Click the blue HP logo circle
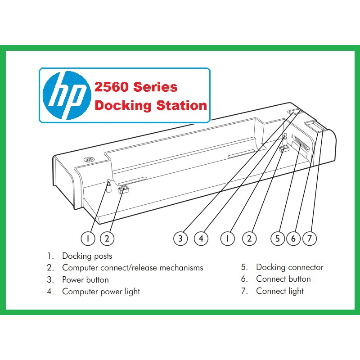point(64,95)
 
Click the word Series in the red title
point(155,87)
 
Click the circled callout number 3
point(180,238)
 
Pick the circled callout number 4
point(201,238)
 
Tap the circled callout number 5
point(278,238)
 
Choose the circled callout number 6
point(293,238)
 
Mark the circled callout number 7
point(309,238)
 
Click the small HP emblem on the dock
point(89,159)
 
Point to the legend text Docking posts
point(87,256)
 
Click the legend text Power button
point(85,279)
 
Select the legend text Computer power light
point(101,292)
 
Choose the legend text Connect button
point(283,279)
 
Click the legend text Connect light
point(279,291)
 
